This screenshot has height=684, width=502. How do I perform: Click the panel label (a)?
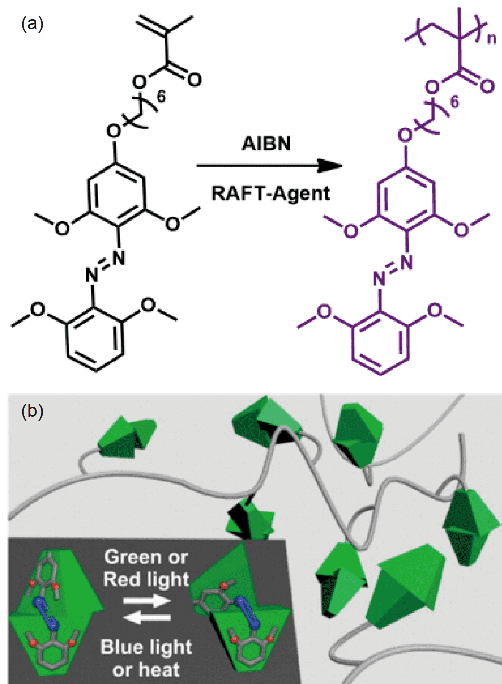pos(32,23)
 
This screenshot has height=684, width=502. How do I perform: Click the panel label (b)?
pos(32,411)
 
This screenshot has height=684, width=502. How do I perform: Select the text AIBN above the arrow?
pos(266,143)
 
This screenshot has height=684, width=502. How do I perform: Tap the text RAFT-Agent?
pos(270,193)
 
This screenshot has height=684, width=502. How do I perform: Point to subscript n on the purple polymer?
pos(491,38)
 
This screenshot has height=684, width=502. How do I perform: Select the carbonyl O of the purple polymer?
pos(487,86)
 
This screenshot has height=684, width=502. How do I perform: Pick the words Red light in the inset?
pos(146,580)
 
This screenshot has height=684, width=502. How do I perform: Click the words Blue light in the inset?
pos(146,647)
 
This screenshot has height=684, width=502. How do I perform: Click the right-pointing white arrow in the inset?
pos(147,601)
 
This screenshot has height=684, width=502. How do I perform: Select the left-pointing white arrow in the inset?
pos(146,618)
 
